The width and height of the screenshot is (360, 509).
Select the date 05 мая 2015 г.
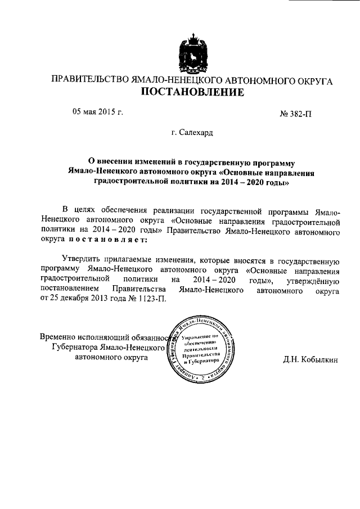pos(97,112)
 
